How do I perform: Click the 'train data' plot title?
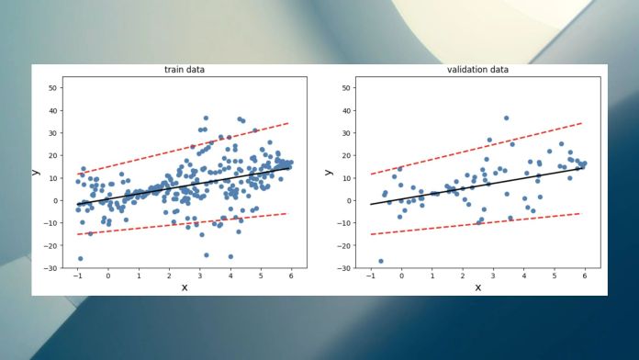point(184,70)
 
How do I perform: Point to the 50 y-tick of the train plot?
point(53,88)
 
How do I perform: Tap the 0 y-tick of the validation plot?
point(349,200)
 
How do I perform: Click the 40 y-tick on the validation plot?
point(347,110)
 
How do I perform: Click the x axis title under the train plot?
point(184,287)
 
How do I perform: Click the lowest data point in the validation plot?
point(381,261)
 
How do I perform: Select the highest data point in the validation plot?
point(506,118)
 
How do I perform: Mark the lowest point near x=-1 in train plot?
point(80,258)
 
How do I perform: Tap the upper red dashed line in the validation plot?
point(476,148)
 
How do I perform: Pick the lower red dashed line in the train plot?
point(184,224)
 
